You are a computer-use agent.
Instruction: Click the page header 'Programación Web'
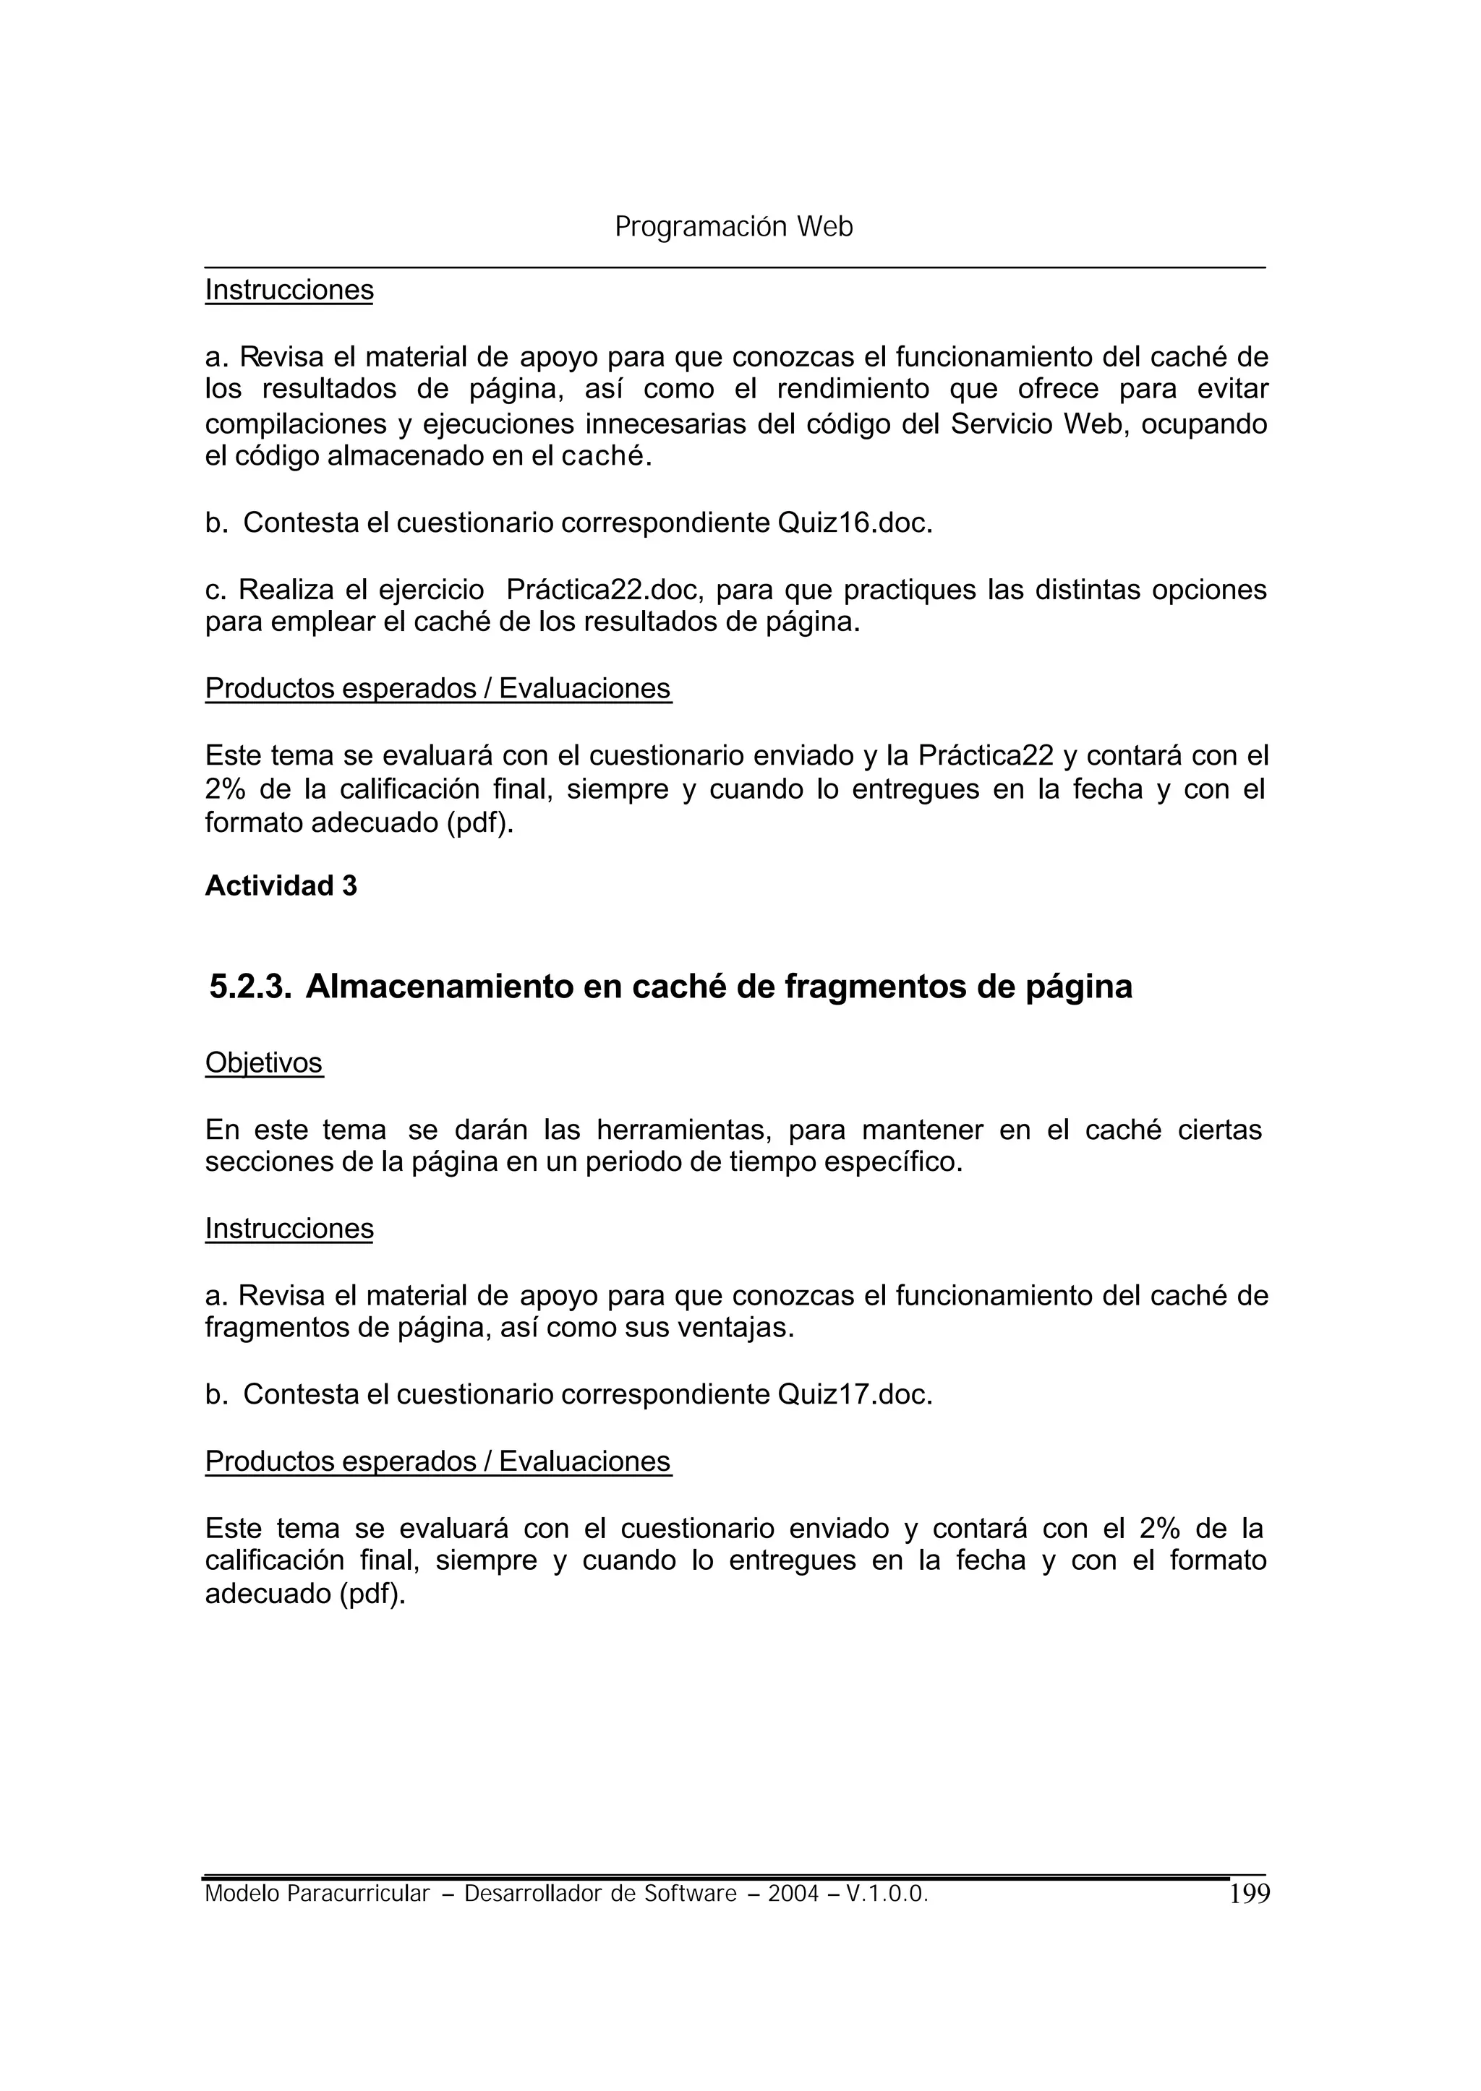tap(733, 227)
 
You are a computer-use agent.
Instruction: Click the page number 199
tap(1248, 1894)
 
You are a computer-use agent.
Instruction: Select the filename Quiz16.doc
tap(853, 523)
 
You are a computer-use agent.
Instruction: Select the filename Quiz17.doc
tap(853, 1395)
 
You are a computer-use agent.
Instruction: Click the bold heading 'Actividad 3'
tap(281, 886)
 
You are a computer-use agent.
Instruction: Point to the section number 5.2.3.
tap(250, 987)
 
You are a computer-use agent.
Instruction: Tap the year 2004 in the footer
tap(793, 1895)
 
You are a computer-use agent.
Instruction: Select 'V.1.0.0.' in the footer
tap(887, 1895)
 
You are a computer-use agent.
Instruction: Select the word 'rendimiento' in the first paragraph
tap(853, 390)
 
